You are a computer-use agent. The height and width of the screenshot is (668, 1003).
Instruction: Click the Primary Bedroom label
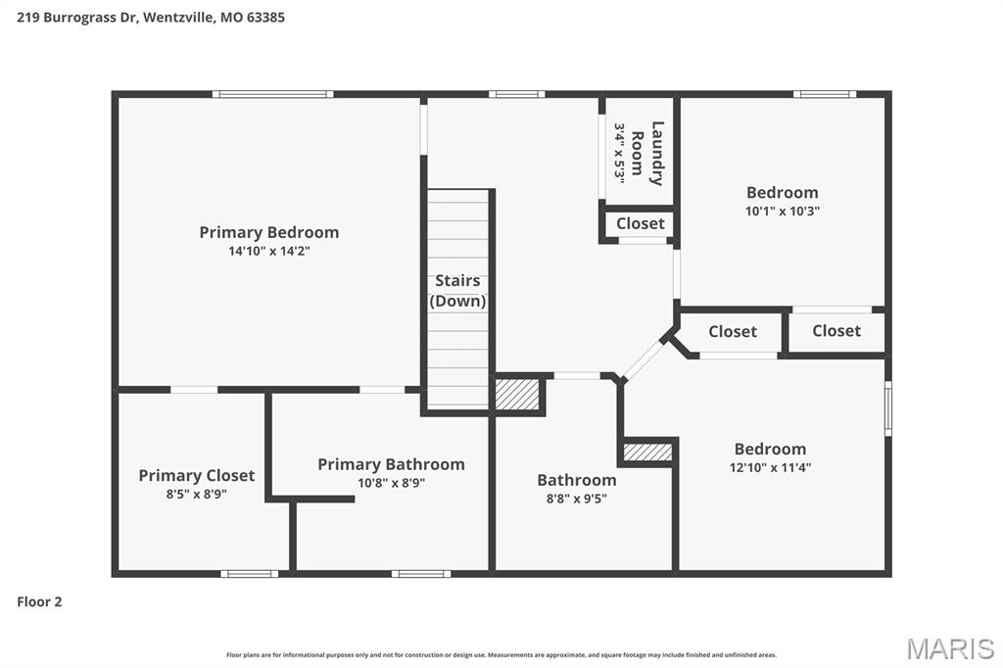268,232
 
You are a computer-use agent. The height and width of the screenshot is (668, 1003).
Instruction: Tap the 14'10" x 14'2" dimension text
269,251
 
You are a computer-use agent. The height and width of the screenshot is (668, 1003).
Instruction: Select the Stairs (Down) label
457,291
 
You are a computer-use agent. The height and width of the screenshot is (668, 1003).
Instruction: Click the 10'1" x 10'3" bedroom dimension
783,212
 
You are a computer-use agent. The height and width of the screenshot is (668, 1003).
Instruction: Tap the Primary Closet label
196,475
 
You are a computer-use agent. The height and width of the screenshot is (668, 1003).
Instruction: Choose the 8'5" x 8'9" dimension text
196,494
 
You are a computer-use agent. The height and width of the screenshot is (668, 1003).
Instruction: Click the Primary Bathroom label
391,464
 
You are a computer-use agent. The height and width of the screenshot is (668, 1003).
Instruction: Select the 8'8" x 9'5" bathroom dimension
576,499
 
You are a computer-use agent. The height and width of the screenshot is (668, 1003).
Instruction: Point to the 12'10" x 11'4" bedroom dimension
770,467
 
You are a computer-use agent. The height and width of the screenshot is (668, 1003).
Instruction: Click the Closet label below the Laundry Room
641,223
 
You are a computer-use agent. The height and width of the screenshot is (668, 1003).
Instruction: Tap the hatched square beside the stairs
517,394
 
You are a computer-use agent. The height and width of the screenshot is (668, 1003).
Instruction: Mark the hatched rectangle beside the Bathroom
647,453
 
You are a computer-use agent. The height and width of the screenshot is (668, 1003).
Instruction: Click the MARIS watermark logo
950,648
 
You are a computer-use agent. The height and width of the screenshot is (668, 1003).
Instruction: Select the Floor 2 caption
39,601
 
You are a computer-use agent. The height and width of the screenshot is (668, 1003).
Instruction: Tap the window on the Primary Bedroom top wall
273,94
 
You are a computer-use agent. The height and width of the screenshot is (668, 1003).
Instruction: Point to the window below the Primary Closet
250,574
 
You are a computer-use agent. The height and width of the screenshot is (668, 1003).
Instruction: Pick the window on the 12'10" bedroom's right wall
888,408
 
